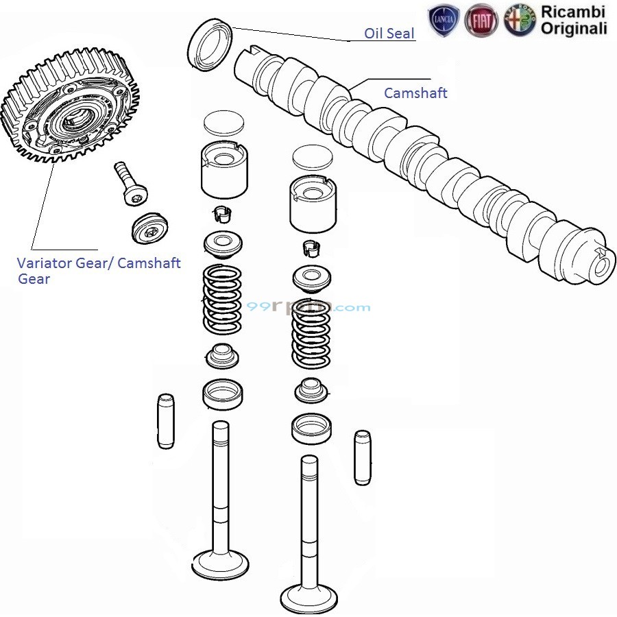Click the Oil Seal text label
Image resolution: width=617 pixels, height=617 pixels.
click(x=389, y=33)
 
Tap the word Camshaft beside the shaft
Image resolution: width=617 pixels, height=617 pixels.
click(x=415, y=93)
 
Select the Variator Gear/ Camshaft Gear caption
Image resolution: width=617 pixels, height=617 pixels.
click(x=99, y=270)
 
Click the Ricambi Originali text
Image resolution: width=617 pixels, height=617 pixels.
click(x=573, y=20)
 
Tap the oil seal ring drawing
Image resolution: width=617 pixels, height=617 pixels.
click(x=209, y=45)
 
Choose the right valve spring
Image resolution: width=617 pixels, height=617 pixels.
click(x=312, y=335)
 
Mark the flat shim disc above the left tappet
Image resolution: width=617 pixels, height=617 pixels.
click(x=224, y=122)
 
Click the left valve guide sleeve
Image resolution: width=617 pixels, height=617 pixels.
click(x=166, y=421)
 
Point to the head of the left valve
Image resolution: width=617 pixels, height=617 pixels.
click(x=221, y=564)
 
